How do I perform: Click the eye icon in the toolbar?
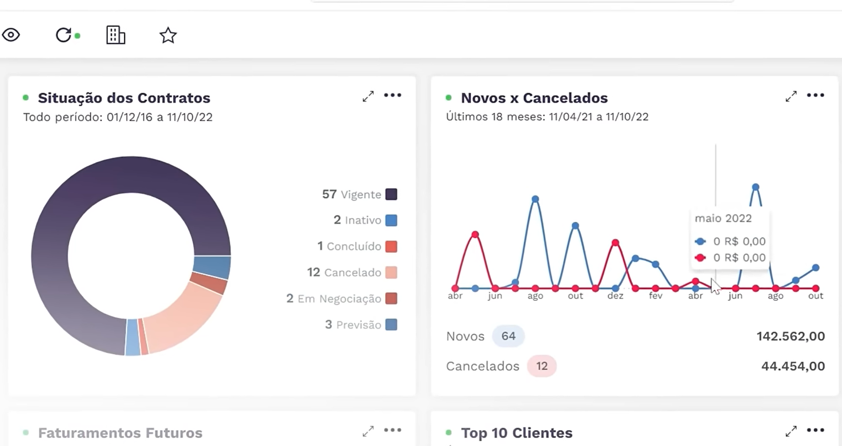(x=11, y=35)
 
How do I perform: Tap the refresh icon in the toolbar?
(x=63, y=35)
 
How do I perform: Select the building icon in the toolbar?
(x=115, y=35)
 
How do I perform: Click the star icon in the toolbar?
(x=168, y=35)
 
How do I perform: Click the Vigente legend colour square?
(x=391, y=194)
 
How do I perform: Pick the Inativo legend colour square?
(x=391, y=220)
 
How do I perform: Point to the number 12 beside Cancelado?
(x=313, y=272)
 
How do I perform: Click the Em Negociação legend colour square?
(x=391, y=299)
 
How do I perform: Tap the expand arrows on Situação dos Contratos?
(x=368, y=96)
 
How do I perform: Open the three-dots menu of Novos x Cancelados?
(x=815, y=95)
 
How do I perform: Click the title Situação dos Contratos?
(x=124, y=98)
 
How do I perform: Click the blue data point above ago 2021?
(x=535, y=199)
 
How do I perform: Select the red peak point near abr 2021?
(x=475, y=234)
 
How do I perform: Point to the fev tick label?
(x=655, y=296)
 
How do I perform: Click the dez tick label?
(x=615, y=296)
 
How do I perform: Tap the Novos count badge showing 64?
(x=508, y=336)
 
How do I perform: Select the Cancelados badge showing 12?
(x=542, y=366)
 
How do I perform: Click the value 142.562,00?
(x=791, y=336)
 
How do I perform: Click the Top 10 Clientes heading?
(x=517, y=433)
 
